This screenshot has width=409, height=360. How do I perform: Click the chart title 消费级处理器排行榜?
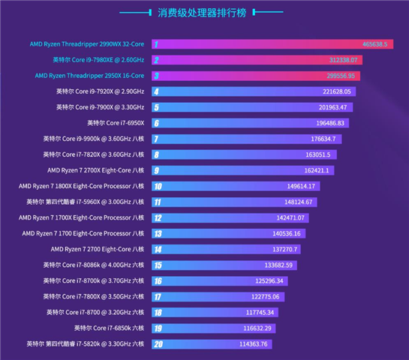tap(204, 13)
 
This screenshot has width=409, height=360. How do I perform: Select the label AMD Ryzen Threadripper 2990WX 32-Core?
tap(86, 44)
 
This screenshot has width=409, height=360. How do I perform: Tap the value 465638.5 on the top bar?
tap(374, 45)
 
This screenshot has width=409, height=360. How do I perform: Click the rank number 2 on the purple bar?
tap(156, 60)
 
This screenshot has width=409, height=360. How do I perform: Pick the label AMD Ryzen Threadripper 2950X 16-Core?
tap(89, 76)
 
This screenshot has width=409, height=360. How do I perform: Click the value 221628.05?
tap(337, 91)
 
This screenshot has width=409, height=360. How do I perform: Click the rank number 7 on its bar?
tap(156, 139)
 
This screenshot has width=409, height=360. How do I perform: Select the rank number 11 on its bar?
tap(158, 202)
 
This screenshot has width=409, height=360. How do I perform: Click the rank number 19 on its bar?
tap(158, 328)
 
